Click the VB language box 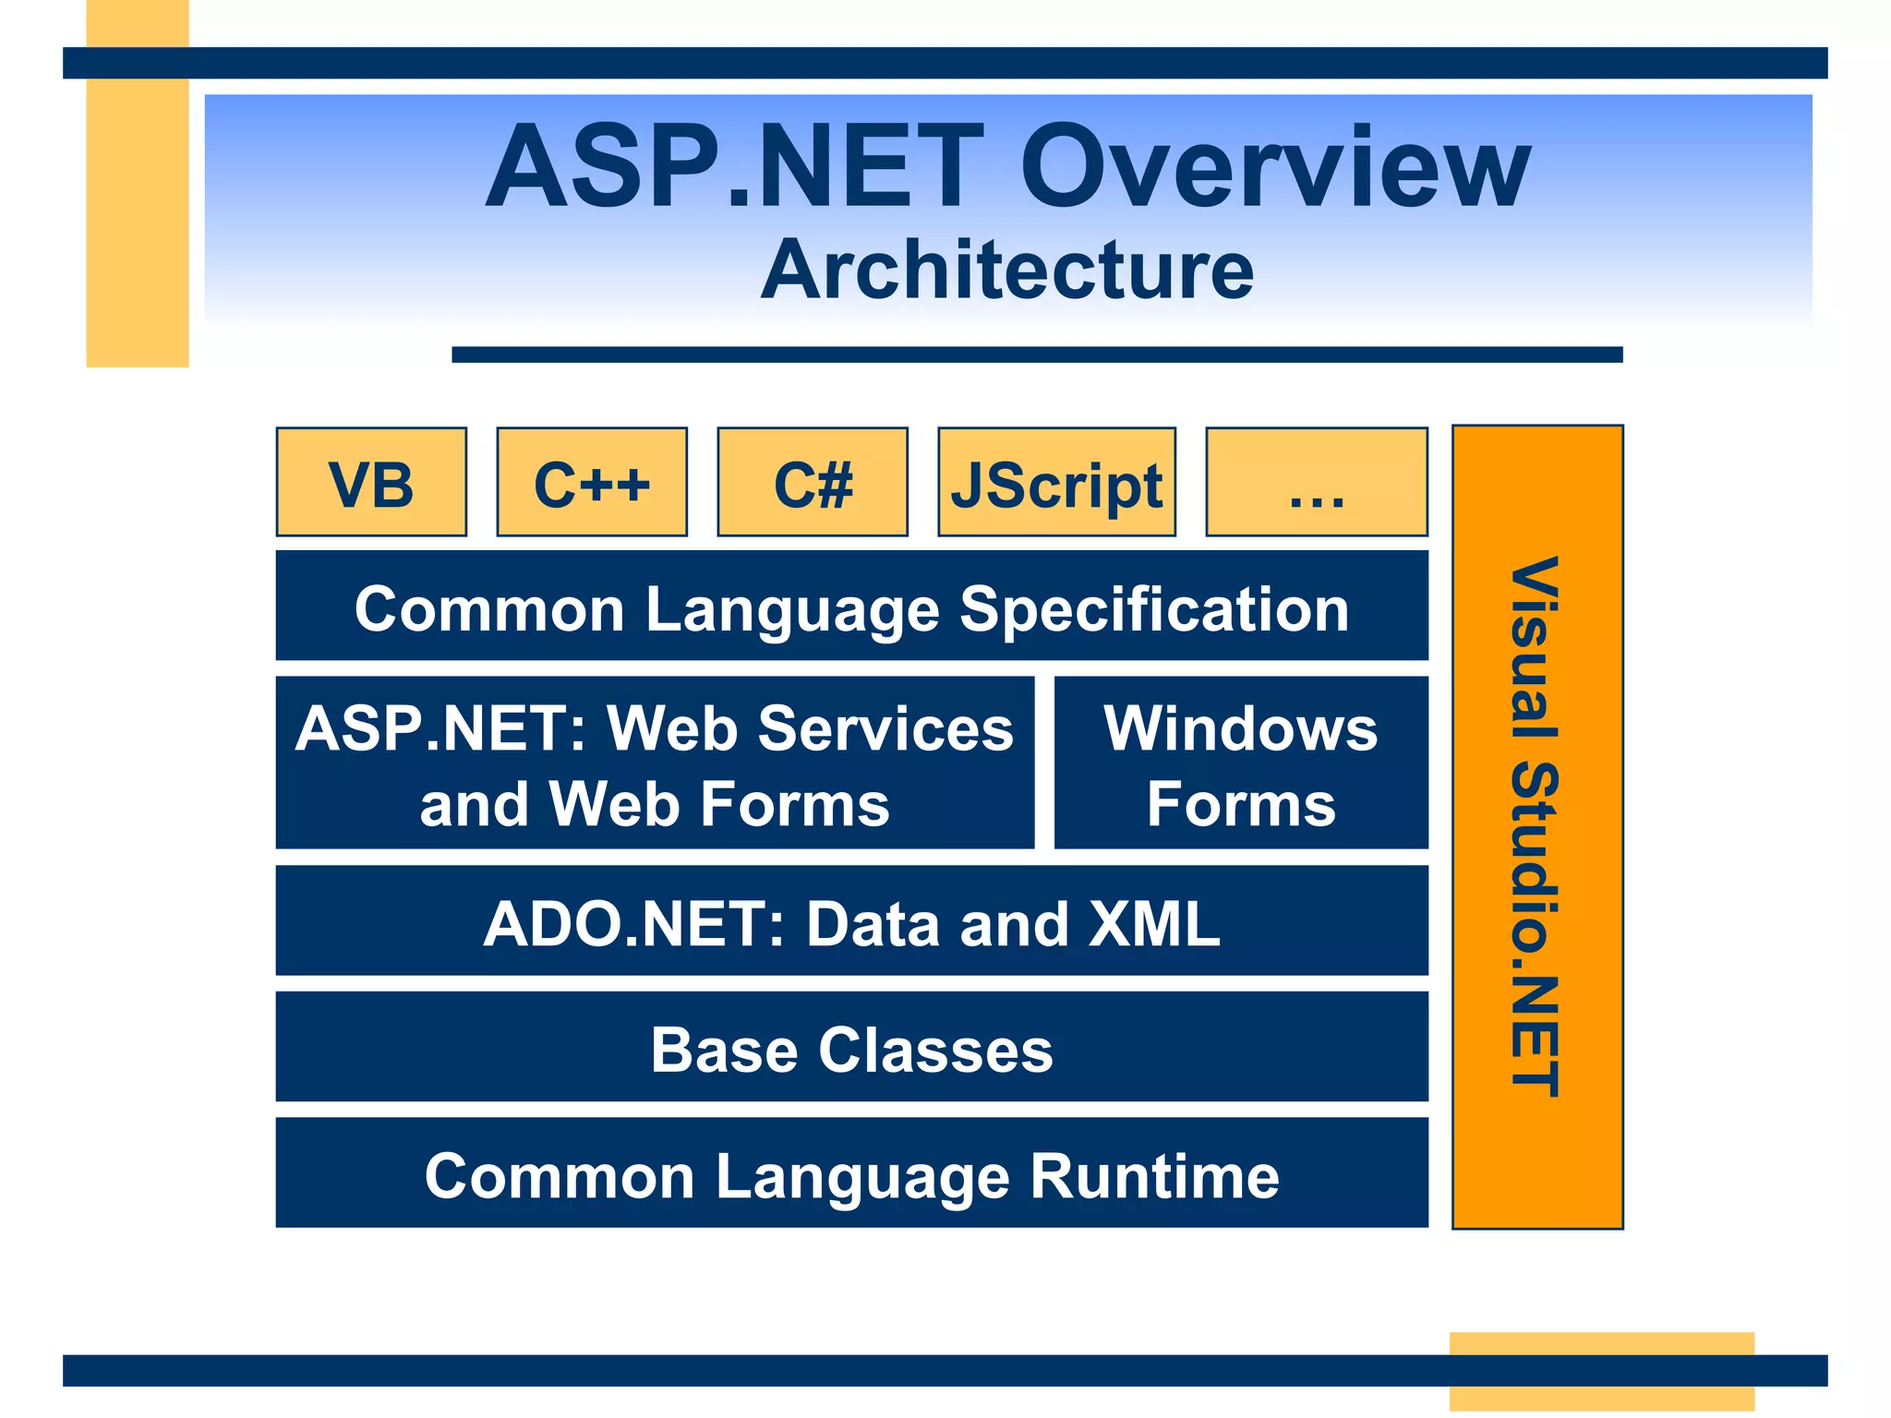pos(371,482)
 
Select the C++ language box pos(592,482)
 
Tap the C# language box pos(813,482)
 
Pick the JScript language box pos(1056,482)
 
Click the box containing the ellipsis pos(1317,482)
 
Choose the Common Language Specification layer pos(851,606)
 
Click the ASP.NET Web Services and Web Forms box pos(655,763)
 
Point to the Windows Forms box pos(1241,763)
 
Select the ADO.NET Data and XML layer pos(851,920)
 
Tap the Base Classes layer pos(851,1047)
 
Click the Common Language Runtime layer pos(851,1172)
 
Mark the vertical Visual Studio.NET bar pos(1537,827)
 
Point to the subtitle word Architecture pos(1007,270)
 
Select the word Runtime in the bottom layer pos(1154,1177)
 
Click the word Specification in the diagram pos(1154,610)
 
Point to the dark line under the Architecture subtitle pos(1037,354)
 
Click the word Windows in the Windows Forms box pos(1241,729)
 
